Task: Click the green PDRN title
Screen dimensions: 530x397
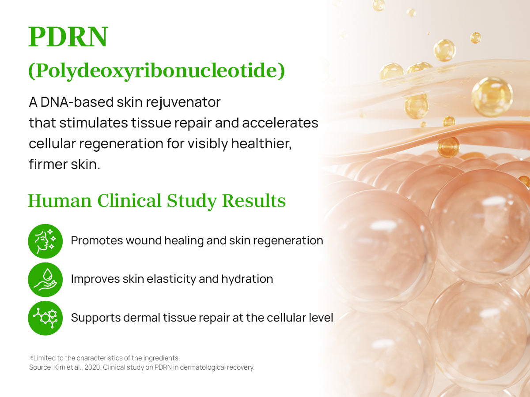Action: [x=68, y=37]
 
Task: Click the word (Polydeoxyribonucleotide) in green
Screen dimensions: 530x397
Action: [x=157, y=71]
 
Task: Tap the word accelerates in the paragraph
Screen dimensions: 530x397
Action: [x=280, y=123]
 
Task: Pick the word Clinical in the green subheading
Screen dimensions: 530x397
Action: [x=129, y=201]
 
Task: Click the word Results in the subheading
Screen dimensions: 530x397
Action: [x=254, y=201]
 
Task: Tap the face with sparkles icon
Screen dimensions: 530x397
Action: [x=45, y=241]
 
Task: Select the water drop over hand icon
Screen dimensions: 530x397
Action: [x=45, y=280]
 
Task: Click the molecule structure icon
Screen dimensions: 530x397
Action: [x=45, y=318]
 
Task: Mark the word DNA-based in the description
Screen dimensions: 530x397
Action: [x=77, y=102]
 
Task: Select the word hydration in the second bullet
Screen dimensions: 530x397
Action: [x=247, y=279]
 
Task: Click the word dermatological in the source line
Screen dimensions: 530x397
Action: [x=202, y=367]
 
